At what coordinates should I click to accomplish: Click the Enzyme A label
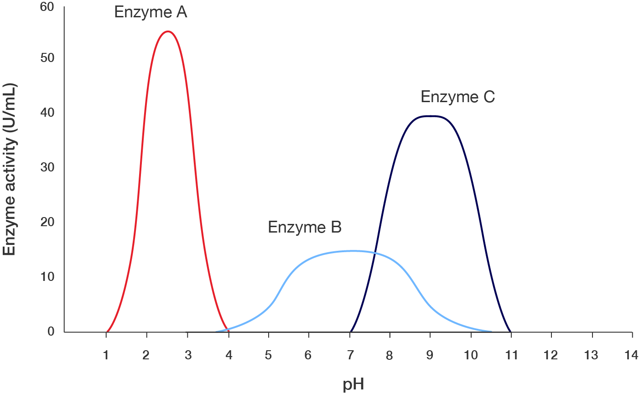pos(151,12)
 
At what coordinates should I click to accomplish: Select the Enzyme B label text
pos(304,227)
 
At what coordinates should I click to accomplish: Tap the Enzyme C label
pos(457,97)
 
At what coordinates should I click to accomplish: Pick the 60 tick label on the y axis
pos(47,7)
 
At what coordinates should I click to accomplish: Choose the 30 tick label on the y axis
pos(47,167)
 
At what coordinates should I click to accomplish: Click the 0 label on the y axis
pos(51,332)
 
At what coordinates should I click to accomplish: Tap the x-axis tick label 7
pos(349,355)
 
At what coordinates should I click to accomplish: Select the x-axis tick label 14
pos(631,355)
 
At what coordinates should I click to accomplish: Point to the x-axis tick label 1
pos(106,355)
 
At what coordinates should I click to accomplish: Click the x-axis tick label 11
pos(511,355)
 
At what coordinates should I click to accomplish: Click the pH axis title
pos(353,384)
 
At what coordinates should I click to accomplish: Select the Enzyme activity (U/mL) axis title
pos(10,170)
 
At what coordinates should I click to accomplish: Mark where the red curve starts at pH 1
pos(107,331)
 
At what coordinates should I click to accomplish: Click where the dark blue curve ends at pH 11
pos(510,331)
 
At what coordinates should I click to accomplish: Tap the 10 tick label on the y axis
pos(47,277)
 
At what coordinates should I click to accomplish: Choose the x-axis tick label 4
pos(228,355)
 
